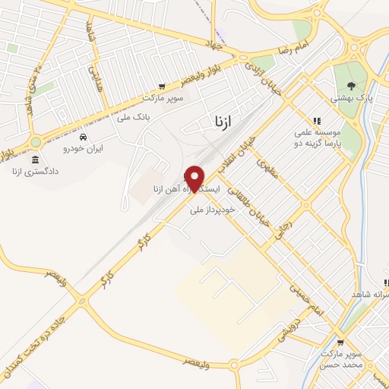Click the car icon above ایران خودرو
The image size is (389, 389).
84,137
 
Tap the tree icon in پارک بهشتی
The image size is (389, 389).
350,86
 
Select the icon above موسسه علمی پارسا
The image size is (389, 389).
317,121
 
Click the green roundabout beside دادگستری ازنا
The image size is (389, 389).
36,141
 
